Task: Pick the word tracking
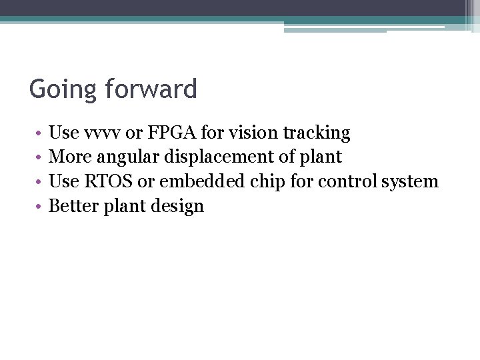319,133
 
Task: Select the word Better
73,205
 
